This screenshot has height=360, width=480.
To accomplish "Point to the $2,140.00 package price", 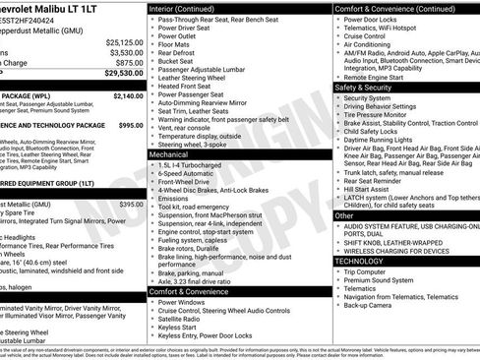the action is click(128, 96).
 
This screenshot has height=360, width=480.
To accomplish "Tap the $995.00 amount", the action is click(131, 126).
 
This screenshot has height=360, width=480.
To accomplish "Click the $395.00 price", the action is click(132, 204).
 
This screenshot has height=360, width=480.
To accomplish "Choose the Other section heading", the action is click(345, 214).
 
